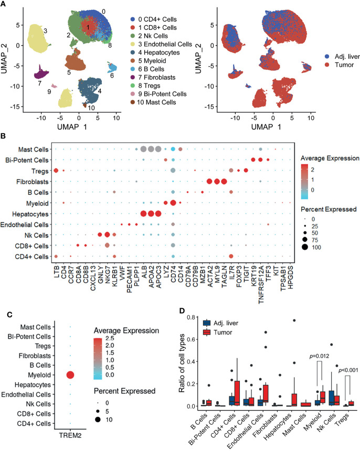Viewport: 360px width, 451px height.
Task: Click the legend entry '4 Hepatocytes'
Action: click(x=158, y=52)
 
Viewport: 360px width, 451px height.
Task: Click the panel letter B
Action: click(x=3, y=136)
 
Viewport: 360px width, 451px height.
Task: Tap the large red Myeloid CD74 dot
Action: click(x=173, y=203)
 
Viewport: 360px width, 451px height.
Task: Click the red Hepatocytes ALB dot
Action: click(x=143, y=214)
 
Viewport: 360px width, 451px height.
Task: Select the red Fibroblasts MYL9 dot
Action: click(x=217, y=181)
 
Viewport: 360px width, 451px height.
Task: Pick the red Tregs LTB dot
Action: click(x=56, y=171)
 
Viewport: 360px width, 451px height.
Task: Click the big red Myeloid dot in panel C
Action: click(x=70, y=375)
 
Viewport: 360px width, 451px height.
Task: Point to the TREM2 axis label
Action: click(x=70, y=435)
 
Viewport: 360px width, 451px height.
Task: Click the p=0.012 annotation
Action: click(x=319, y=356)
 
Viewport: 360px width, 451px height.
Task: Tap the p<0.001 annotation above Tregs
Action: click(x=348, y=370)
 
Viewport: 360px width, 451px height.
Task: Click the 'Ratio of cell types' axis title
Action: click(x=182, y=363)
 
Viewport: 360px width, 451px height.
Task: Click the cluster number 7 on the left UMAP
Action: click(x=39, y=83)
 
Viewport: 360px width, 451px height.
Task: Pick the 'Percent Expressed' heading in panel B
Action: click(x=329, y=209)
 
